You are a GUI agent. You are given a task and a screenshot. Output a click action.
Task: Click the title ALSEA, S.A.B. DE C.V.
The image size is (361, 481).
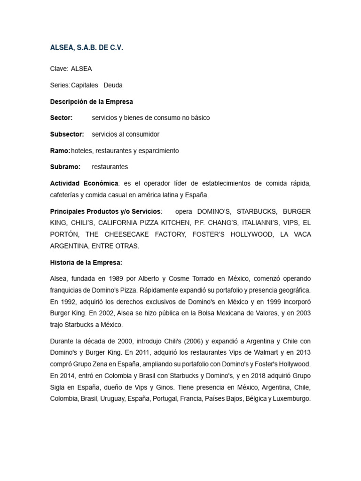click(86, 48)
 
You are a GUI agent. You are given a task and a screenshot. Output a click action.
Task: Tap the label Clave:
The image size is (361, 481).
click(59, 69)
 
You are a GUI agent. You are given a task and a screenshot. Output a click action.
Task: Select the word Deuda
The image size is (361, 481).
click(113, 85)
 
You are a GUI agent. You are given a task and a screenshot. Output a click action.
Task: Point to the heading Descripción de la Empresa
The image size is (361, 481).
click(92, 101)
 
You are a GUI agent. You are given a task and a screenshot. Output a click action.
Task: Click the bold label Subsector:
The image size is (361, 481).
click(67, 134)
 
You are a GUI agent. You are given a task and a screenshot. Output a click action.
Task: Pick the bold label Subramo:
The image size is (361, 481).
click(65, 167)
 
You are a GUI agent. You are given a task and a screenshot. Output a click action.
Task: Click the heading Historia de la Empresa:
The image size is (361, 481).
click(86, 263)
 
